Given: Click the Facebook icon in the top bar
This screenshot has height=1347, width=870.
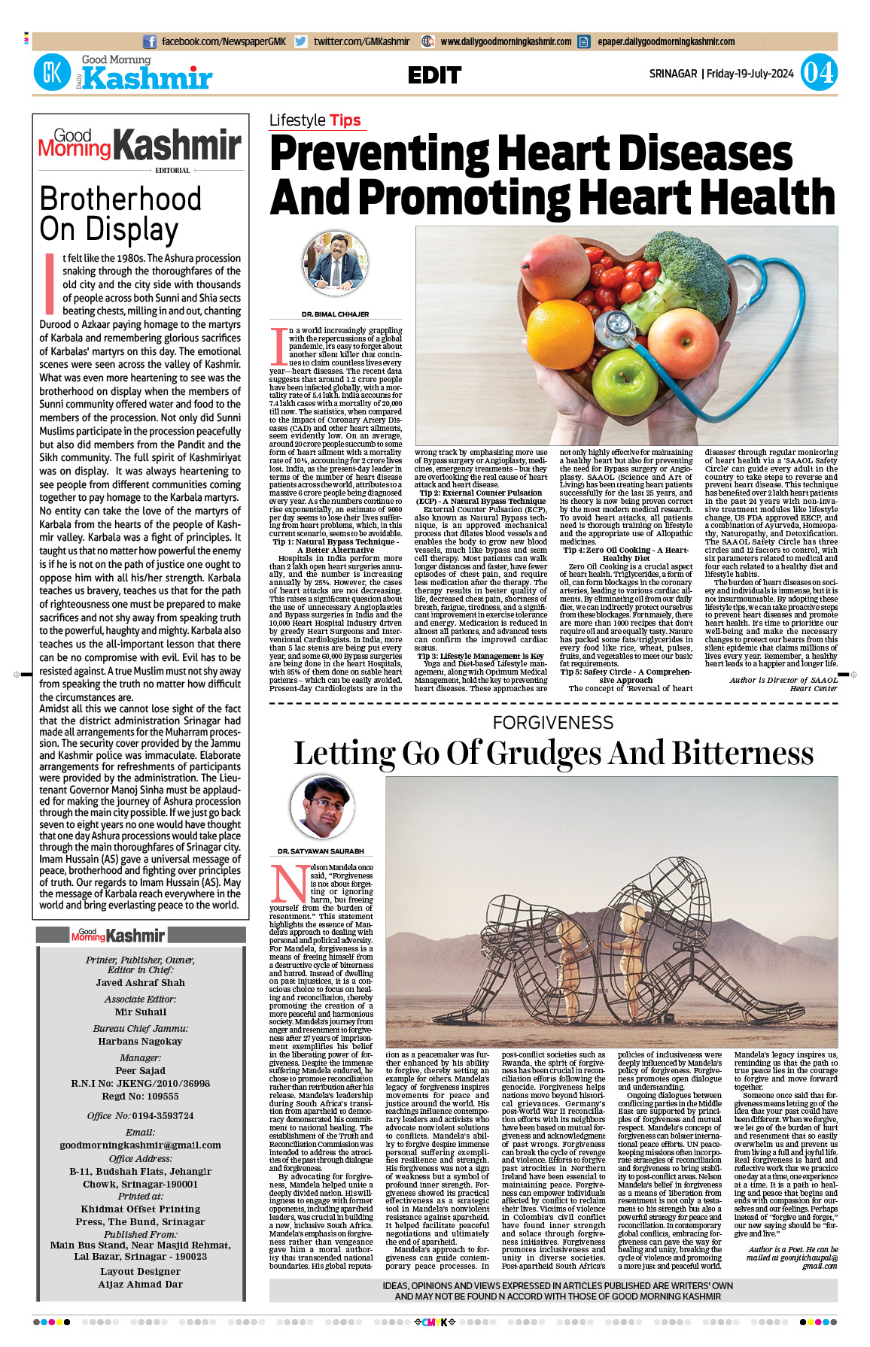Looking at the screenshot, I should click(x=150, y=42).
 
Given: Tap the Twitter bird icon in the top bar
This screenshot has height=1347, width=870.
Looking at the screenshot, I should click(x=300, y=42).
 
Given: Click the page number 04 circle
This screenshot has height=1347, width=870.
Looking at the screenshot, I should click(x=818, y=73).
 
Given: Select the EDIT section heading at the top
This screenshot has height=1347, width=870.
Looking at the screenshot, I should click(x=434, y=75).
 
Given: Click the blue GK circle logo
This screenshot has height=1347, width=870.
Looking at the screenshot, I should click(x=52, y=73).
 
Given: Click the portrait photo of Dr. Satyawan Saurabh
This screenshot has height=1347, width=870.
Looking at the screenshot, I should click(x=322, y=808).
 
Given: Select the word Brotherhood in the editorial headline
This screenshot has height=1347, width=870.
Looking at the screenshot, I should click(x=120, y=200).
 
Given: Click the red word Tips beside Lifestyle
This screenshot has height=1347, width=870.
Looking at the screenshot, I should click(x=345, y=120).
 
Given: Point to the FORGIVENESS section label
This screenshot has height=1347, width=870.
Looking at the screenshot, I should click(x=553, y=723).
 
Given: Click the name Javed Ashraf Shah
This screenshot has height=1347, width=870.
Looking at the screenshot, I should click(x=140, y=983).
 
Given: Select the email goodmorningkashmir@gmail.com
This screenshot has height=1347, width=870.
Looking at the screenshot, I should click(x=140, y=1145).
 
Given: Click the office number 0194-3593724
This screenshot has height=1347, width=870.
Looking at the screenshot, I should click(x=153, y=1115).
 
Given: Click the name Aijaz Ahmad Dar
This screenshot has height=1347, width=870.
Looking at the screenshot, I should click(x=140, y=1285).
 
